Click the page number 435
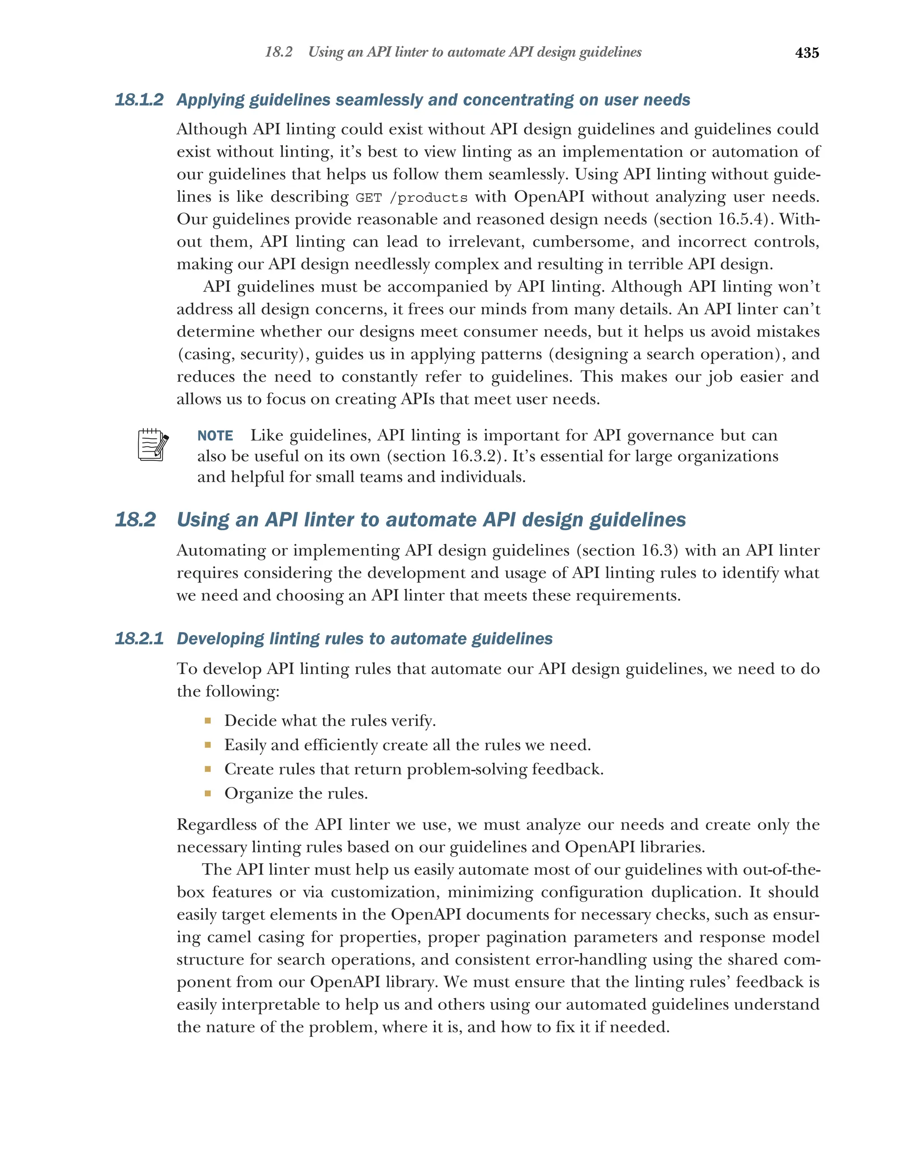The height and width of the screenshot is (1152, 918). coord(806,53)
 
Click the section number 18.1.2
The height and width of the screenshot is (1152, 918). coord(139,100)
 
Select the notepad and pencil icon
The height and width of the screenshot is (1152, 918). coord(153,444)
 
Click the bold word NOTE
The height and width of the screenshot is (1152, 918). coord(215,436)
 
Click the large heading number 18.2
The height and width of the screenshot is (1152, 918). coord(136,519)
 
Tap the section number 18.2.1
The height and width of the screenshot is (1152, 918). coord(139,639)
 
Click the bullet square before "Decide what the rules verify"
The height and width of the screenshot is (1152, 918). coord(208,721)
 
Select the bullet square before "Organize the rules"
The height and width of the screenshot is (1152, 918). coord(208,793)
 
